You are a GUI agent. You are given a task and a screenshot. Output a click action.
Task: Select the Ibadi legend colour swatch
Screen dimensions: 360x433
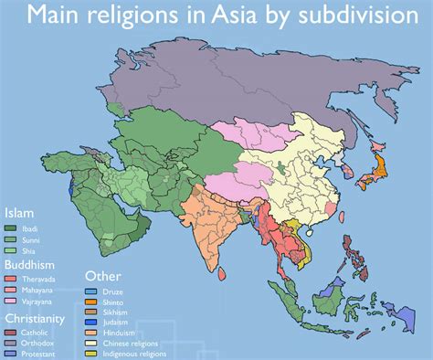coord(11,228)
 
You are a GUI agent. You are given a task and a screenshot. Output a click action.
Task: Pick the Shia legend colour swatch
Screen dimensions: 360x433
coord(11,249)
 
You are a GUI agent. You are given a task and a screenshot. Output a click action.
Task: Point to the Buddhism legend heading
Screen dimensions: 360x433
coord(34,264)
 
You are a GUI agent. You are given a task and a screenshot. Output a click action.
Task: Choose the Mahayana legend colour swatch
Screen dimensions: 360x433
coord(11,290)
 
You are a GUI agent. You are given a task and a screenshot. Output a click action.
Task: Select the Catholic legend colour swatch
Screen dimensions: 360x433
coord(11,332)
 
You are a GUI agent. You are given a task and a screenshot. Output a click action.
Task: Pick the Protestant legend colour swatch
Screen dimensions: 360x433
coord(11,353)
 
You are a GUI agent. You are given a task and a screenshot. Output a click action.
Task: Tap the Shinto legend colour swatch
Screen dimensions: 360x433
coord(90,302)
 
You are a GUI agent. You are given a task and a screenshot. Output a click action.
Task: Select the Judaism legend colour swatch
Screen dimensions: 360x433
coord(90,322)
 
